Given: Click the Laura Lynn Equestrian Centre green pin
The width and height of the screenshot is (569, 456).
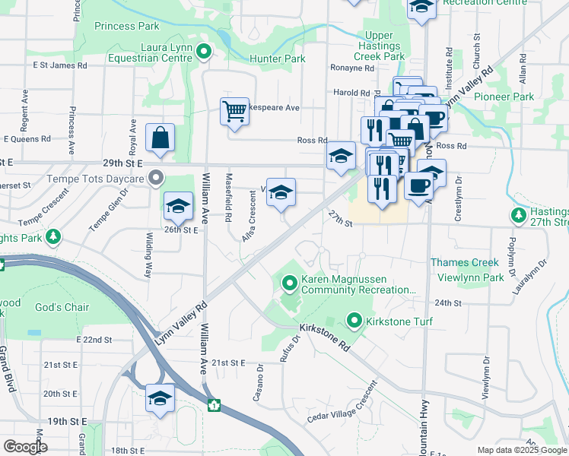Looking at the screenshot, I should coord(203,52).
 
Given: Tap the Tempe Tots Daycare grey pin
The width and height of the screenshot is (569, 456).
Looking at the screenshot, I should coord(156,179).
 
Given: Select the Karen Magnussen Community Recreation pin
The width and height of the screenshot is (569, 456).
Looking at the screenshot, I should coord(289,284).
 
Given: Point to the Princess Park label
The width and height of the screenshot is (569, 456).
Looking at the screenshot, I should coord(127,27).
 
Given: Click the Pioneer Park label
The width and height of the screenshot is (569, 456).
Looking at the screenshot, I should coord(504,97).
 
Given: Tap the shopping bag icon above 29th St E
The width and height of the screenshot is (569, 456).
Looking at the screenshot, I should coord(161,139).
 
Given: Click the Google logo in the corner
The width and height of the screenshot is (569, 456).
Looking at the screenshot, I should coord(26,447).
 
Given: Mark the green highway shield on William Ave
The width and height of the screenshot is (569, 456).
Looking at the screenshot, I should coord(214,405).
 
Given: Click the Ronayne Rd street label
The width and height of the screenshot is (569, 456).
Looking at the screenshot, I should coord(352,68).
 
